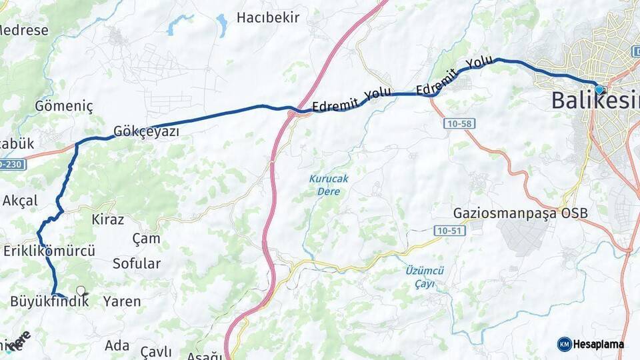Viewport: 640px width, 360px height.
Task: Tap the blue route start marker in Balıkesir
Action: tap(599, 89)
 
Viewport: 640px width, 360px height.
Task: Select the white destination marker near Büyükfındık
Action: tap(81, 291)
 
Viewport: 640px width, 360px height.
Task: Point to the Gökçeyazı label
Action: tap(146, 131)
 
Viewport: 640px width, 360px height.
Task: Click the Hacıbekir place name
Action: tap(268, 17)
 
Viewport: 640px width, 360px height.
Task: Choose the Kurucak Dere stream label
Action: tap(328, 185)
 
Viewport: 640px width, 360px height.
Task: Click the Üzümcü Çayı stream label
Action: tap(424, 277)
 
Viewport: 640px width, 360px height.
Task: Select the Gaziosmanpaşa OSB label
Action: tap(521, 213)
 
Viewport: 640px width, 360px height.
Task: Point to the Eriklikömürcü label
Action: tap(49, 251)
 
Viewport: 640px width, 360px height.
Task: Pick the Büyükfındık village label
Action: tap(49, 301)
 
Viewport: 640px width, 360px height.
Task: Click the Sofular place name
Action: tap(137, 263)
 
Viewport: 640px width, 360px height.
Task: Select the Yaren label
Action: tap(122, 301)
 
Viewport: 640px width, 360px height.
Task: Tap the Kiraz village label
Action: tap(107, 219)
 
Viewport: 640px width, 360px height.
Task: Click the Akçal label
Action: tap(20, 200)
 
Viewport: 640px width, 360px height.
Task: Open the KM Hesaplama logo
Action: tap(590, 344)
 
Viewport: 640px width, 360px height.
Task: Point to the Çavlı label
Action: tap(156, 352)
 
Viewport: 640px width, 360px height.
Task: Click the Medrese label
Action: tap(24, 30)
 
